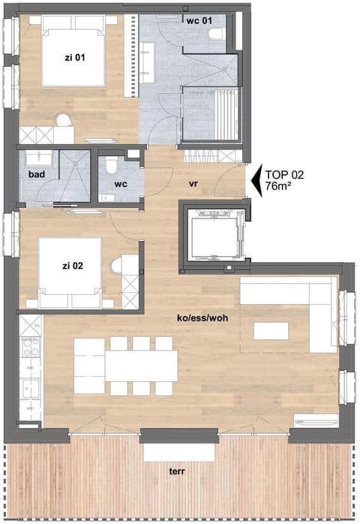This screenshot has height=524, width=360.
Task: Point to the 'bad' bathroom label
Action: [x=36, y=174]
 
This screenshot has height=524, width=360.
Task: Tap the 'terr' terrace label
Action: [x=177, y=473]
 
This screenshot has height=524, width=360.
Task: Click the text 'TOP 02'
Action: [x=284, y=174]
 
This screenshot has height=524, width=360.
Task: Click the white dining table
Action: [x=139, y=367]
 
